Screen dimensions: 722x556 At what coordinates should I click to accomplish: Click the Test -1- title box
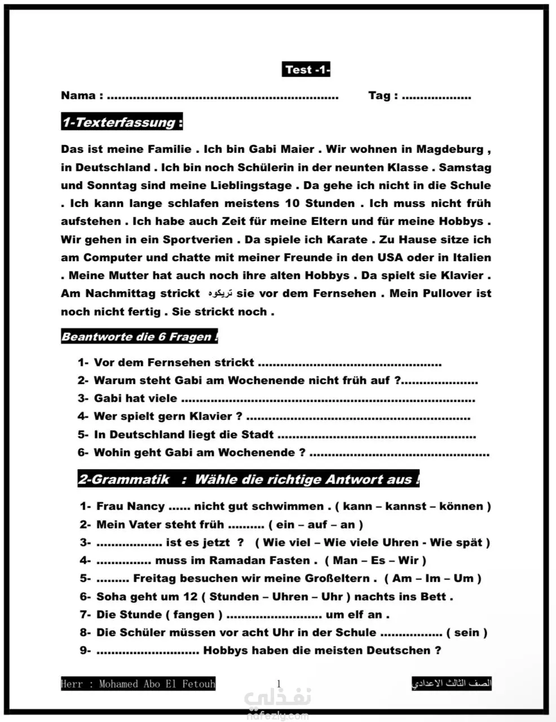[x=306, y=70]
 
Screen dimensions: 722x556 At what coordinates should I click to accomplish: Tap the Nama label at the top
[x=78, y=95]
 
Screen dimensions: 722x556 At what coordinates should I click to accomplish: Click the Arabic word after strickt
[x=220, y=294]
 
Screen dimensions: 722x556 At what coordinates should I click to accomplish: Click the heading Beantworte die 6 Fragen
[x=139, y=337]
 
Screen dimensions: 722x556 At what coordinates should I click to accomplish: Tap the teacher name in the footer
[x=138, y=684]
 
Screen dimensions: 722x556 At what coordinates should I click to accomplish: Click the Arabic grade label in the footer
[x=452, y=684]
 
